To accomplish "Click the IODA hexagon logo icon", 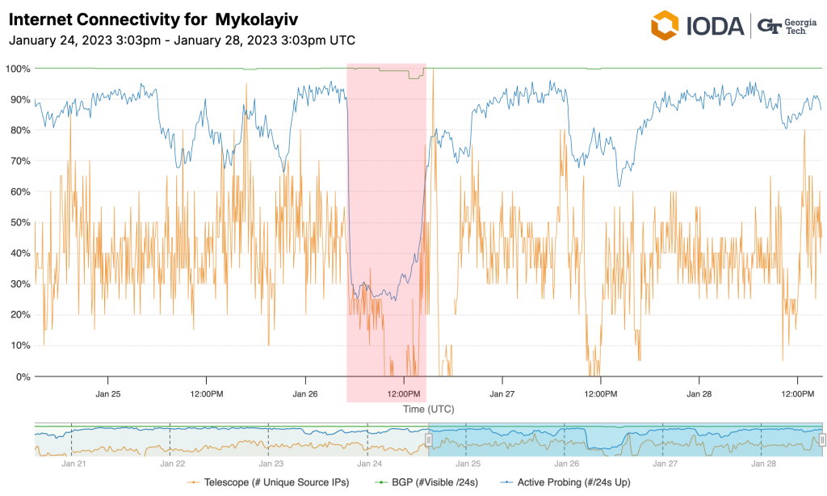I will [665, 25].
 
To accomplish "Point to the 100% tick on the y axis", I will [18, 69].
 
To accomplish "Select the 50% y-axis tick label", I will [20, 222].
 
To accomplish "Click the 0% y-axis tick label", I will [23, 376].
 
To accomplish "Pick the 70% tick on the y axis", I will [20, 161].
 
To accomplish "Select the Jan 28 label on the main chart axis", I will [699, 394].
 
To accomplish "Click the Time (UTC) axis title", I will [429, 410].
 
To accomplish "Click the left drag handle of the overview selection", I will [429, 439].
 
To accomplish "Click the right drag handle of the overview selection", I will [821, 439].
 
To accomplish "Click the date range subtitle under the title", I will [182, 40].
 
